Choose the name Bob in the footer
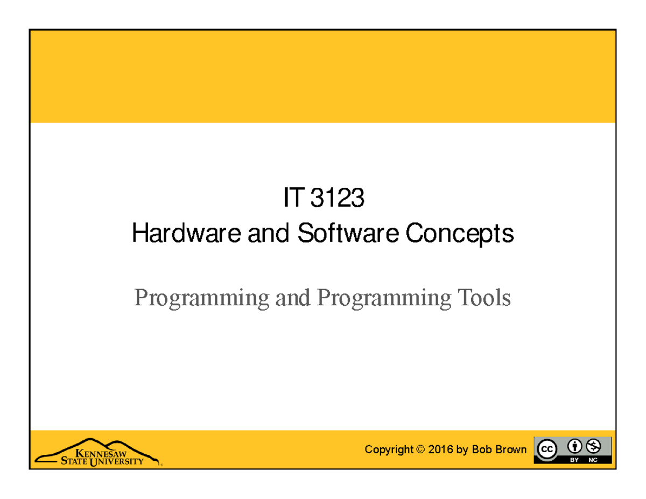click(480, 449)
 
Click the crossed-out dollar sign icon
click(594, 446)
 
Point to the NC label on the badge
click(593, 460)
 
